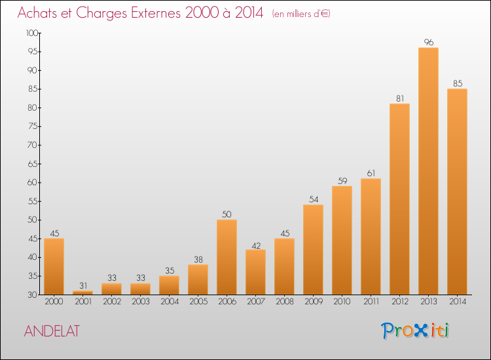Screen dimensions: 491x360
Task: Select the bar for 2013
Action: [x=428, y=171]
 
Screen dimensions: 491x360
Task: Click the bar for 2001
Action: [x=82, y=293]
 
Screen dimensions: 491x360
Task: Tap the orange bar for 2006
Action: [x=227, y=257]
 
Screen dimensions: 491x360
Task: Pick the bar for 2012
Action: [x=399, y=199]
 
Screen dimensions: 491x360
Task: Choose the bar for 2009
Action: [x=313, y=249]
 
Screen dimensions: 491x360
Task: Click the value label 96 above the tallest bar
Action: [x=429, y=42]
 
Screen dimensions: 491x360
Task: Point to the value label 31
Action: [x=83, y=285]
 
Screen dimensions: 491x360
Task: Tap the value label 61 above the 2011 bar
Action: [x=371, y=173]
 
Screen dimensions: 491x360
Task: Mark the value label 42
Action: [x=256, y=245]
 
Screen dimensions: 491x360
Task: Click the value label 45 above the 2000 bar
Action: [x=54, y=233]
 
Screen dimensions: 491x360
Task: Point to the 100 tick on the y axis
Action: [x=32, y=33]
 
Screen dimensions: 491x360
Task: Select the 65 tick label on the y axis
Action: [x=33, y=164]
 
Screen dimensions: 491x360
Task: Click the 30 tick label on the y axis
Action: [x=33, y=295]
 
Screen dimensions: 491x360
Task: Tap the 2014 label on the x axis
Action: [x=458, y=302]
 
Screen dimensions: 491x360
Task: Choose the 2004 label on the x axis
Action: [x=170, y=302]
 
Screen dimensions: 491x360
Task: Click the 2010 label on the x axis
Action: [x=342, y=302]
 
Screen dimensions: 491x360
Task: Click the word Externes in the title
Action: [x=156, y=13]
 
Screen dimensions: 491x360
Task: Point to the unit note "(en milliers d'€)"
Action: [x=301, y=14]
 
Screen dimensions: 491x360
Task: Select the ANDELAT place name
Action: [x=52, y=331]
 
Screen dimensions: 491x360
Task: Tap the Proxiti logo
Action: [x=415, y=331]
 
